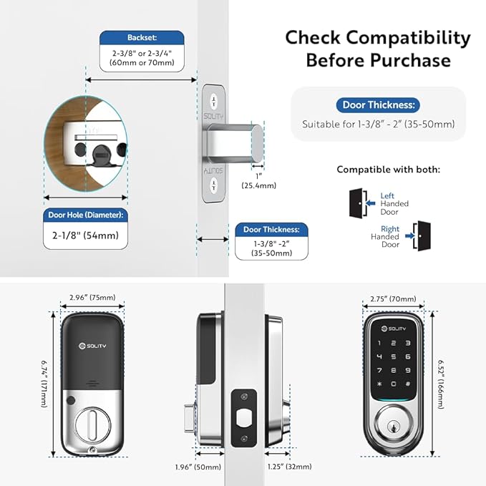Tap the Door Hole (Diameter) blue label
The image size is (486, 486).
(86, 214)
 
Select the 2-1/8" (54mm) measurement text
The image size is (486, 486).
(86, 235)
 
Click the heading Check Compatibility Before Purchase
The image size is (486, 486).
(368, 48)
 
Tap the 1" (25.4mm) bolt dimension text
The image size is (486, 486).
(265, 180)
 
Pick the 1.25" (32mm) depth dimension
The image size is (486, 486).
(290, 465)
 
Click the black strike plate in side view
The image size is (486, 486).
(243, 417)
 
